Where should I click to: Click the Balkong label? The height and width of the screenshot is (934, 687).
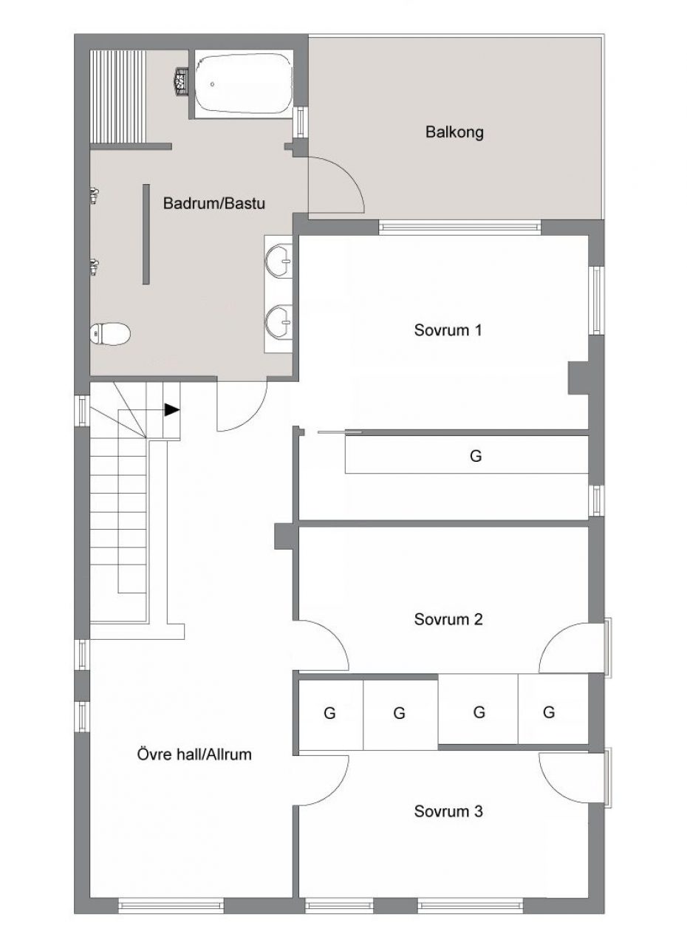pyautogui.click(x=454, y=132)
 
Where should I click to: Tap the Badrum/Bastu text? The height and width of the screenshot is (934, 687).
pyautogui.click(x=213, y=203)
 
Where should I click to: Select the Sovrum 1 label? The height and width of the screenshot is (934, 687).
pyautogui.click(x=448, y=330)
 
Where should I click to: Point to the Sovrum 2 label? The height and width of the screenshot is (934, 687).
pyautogui.click(x=448, y=619)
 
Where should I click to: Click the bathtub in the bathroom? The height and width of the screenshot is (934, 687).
pyautogui.click(x=243, y=83)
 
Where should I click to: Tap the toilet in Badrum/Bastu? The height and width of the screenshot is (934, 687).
pyautogui.click(x=110, y=334)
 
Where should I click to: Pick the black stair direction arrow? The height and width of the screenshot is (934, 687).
pyautogui.click(x=171, y=409)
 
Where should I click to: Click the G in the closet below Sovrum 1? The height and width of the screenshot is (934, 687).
pyautogui.click(x=476, y=456)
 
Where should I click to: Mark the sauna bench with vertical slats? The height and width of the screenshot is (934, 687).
pyautogui.click(x=118, y=97)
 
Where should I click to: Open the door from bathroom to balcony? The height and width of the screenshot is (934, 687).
pyautogui.click(x=336, y=185)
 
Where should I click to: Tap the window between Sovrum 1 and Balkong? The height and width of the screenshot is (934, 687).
pyautogui.click(x=459, y=228)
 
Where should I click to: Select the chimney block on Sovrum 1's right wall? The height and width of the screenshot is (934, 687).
pyautogui.click(x=578, y=378)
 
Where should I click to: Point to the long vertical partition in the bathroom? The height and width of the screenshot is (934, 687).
pyautogui.click(x=146, y=234)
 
